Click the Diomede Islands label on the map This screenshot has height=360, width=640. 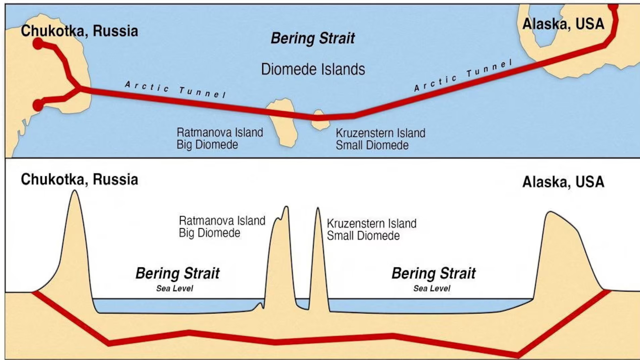(x=313, y=69)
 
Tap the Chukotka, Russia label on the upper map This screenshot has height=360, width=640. (x=79, y=31)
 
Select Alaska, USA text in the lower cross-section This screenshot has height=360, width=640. (x=563, y=182)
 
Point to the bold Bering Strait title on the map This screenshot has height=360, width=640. (x=313, y=39)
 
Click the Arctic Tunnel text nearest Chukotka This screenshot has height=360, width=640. (x=175, y=89)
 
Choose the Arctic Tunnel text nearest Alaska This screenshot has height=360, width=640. (x=463, y=75)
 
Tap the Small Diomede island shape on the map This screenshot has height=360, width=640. (x=319, y=120)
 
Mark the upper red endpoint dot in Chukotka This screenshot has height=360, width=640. (x=38, y=43)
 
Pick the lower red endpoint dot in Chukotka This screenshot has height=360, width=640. (x=38, y=105)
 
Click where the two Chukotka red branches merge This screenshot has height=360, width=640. (x=79, y=88)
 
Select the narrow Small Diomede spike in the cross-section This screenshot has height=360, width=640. (x=318, y=213)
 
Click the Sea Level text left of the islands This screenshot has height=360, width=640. (x=175, y=289)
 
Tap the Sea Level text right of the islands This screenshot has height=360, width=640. (x=431, y=289)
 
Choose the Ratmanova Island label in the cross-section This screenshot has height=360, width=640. (x=222, y=221)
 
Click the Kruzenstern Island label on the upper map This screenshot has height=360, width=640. (x=380, y=133)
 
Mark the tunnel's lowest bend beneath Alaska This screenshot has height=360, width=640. (x=517, y=353)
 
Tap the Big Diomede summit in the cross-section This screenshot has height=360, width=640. (x=286, y=208)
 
